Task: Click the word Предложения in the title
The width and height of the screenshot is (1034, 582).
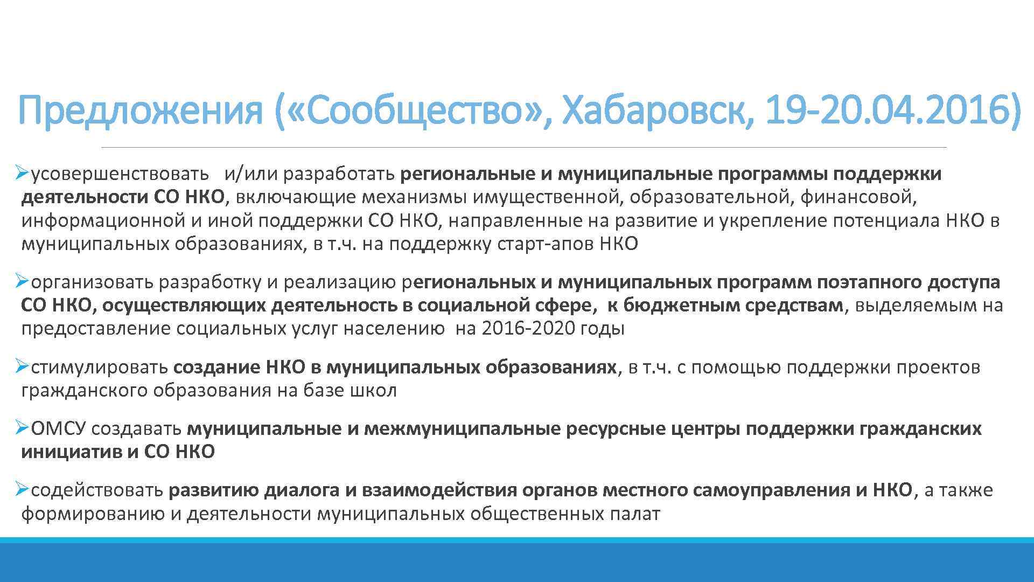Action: pos(140,109)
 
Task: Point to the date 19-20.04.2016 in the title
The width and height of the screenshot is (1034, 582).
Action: pos(892,109)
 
